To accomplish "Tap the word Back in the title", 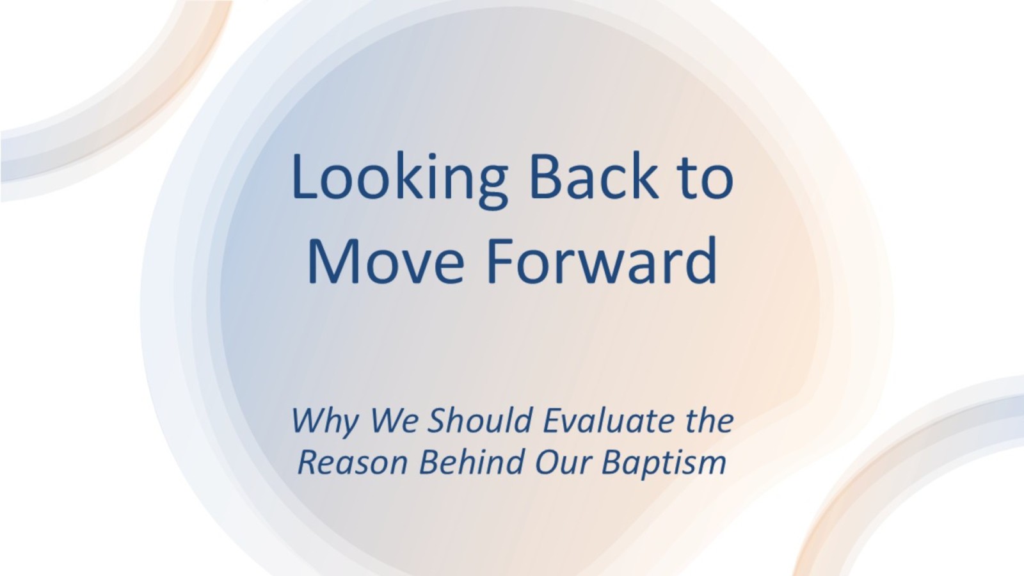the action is tap(594, 177).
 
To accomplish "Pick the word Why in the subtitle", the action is tap(325, 422).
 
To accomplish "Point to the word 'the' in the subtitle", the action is tap(710, 420).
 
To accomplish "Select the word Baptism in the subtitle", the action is tap(664, 463).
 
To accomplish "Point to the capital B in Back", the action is tap(545, 177).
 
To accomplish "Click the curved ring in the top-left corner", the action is tap(137, 104).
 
